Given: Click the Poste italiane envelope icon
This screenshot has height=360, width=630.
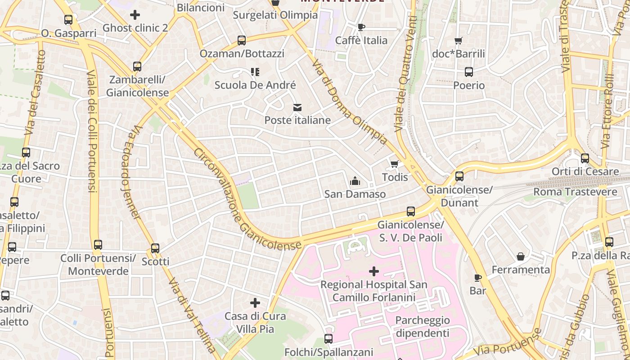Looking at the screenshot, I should tap(297, 107).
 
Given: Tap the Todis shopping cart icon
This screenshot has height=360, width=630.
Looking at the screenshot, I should tap(395, 164).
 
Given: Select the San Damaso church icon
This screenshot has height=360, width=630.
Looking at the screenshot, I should tap(355, 181).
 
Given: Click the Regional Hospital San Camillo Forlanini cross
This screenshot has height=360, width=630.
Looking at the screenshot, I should tap(373, 271).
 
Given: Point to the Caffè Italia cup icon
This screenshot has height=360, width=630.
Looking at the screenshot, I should tap(361, 27).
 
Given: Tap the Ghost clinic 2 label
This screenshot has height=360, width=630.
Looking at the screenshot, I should tap(135, 28).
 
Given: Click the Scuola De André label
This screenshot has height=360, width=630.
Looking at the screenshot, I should tap(255, 85).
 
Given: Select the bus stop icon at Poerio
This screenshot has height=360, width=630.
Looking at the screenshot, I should tap(469, 72).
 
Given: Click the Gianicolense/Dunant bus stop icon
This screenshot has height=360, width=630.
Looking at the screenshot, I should tap(459, 176).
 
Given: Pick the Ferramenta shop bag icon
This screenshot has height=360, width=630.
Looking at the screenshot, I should tap(521, 256).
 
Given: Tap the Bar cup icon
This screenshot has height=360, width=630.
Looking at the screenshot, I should tap(477, 278).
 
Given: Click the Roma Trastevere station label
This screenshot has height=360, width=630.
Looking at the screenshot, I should tap(575, 192).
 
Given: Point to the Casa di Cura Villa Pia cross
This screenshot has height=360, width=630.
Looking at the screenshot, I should tap(255, 303).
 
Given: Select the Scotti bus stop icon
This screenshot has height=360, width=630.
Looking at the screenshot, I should tap(155, 248).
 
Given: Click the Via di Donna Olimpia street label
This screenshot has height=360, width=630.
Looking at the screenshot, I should tap(349, 102).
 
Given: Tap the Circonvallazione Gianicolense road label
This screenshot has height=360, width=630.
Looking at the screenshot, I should tap(247, 199).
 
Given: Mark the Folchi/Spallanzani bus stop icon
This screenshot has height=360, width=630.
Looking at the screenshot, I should tap(328, 339).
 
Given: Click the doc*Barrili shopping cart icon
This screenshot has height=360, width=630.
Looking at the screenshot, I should tap(458, 41).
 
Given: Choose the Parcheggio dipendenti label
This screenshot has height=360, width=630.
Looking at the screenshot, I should tap(422, 327).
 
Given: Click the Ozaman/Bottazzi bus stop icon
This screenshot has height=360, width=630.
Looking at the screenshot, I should tap(242, 40).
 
